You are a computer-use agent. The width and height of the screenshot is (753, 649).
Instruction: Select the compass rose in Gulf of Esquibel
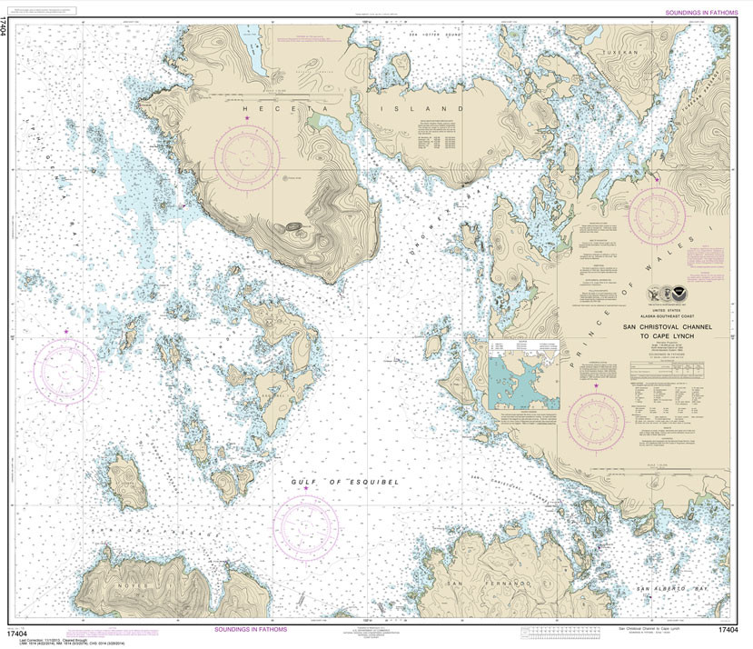pyautogui.click(x=306, y=524)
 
